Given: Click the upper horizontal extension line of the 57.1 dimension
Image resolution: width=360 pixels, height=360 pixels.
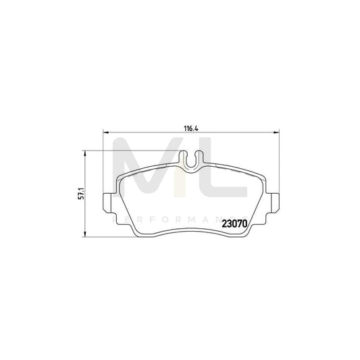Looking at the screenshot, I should pyautogui.click(x=135, y=150).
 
